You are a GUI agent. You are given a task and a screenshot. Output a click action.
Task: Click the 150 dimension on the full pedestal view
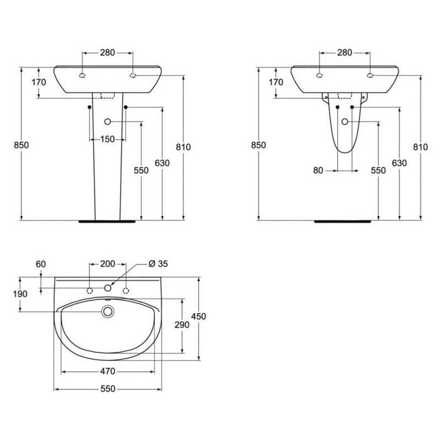(107, 139)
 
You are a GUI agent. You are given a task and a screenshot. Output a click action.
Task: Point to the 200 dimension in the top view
(107, 263)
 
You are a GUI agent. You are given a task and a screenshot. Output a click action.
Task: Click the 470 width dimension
(108, 371)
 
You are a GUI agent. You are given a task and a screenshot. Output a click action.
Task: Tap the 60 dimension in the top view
(42, 264)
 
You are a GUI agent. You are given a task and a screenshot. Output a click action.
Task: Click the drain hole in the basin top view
(108, 311)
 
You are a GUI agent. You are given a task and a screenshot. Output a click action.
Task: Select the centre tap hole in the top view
(108, 289)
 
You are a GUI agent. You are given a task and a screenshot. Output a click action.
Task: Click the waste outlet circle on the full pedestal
(107, 121)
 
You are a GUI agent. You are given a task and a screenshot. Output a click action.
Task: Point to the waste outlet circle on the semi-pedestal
(345, 121)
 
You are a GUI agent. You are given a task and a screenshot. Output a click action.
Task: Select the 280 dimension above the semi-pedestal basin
(345, 53)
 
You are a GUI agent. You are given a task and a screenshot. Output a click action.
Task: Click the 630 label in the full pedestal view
(163, 163)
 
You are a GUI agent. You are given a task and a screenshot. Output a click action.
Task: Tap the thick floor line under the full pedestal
(108, 221)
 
